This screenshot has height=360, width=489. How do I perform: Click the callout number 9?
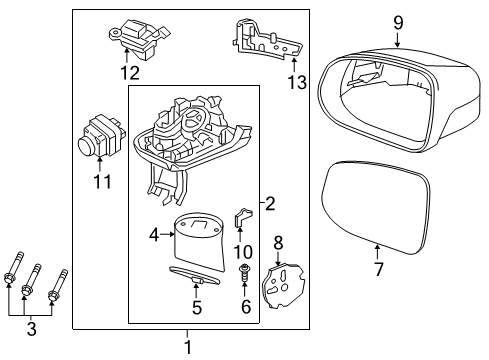coord(398,22)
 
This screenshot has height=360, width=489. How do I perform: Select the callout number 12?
coord(128,72)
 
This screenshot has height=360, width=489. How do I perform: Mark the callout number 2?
coord(270,204)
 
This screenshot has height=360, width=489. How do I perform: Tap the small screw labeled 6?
coord(244,271)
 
